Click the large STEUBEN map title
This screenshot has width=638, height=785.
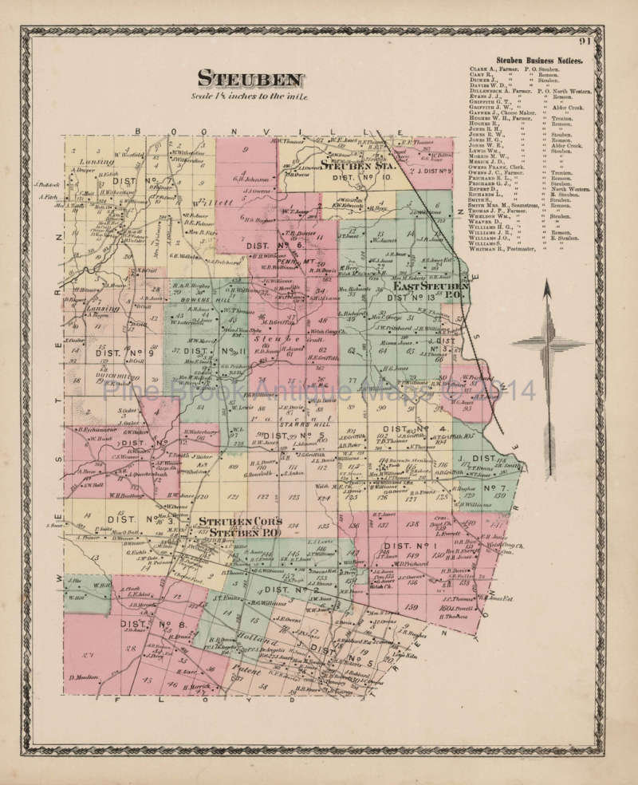(250, 79)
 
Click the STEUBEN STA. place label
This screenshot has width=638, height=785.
(356, 166)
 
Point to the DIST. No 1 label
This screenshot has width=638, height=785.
(390, 546)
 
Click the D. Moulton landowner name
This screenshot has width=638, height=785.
(82, 677)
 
